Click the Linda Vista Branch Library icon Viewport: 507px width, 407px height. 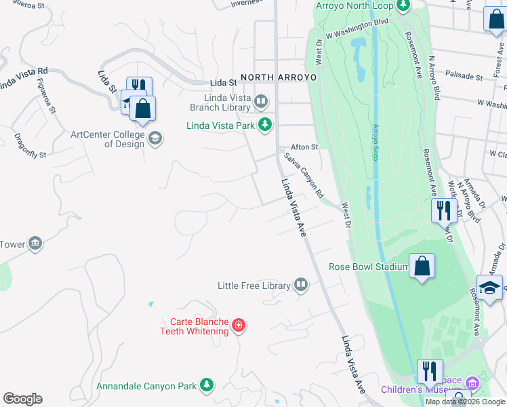pos(262,102)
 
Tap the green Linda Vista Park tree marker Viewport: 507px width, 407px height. pos(266,125)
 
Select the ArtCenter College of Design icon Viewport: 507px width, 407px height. pos(155,138)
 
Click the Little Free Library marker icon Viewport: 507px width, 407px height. pos(301,286)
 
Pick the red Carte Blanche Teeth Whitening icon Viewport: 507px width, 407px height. pos(238,326)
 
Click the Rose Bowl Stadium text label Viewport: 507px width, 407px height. pos(368,267)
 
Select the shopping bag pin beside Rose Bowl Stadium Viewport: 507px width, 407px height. pos(422,266)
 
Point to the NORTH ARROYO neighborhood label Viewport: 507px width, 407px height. pos(279,78)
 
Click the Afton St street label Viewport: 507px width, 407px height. pos(304,147)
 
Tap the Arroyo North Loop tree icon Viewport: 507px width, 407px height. pos(404,6)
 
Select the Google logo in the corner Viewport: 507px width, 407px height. pos(22,399)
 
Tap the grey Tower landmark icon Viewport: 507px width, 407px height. pos(36,242)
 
